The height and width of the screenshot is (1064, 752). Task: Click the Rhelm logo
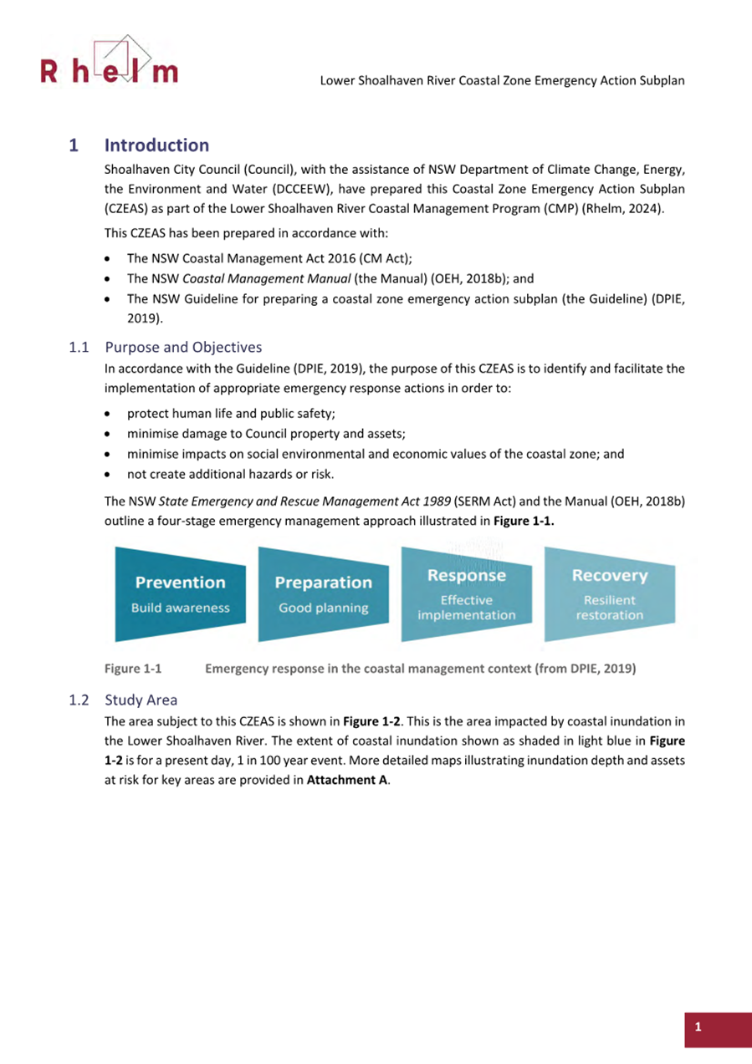tap(110, 64)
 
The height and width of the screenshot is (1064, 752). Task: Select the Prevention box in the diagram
tap(180, 594)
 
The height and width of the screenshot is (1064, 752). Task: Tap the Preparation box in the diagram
tap(323, 594)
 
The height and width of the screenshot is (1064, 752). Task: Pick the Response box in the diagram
tap(466, 594)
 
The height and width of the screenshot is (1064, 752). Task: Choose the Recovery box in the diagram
tap(609, 594)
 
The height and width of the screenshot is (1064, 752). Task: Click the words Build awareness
tap(180, 608)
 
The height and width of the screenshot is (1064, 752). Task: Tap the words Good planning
tap(323, 608)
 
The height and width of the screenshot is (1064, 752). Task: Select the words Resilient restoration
tap(609, 608)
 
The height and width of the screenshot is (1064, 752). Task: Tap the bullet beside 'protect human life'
tap(108, 414)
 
